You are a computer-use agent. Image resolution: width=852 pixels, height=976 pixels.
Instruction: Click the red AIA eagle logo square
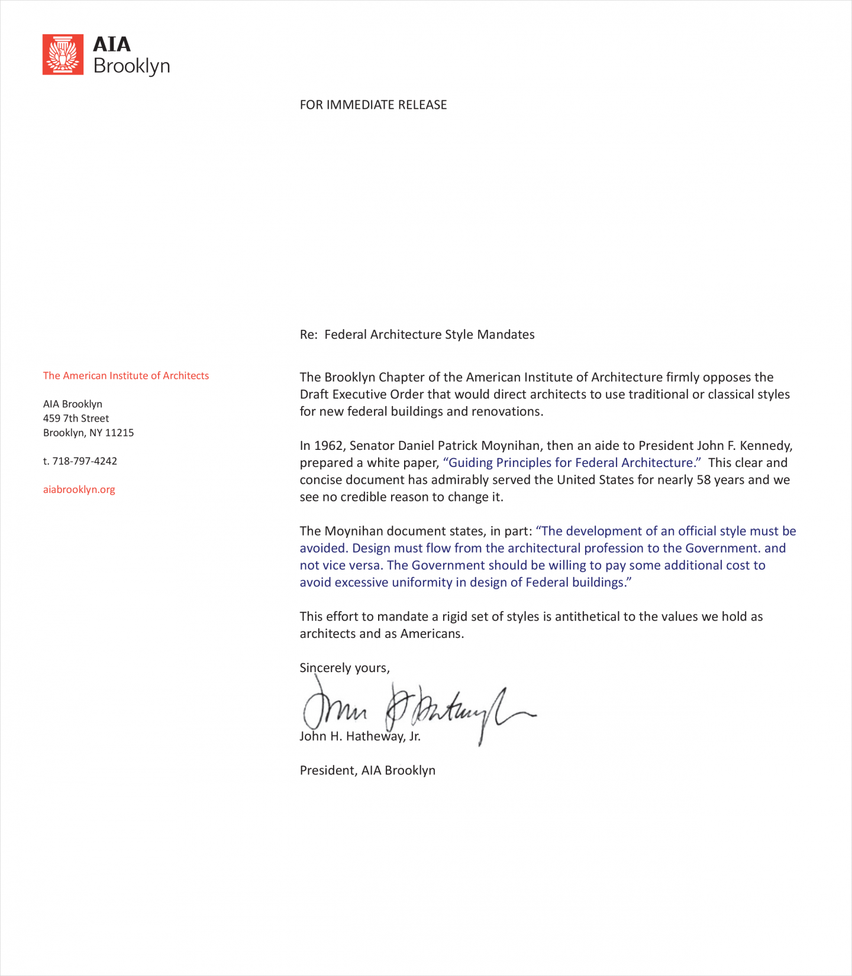coord(63,54)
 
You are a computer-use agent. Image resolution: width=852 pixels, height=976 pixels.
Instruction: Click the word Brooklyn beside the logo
coord(131,66)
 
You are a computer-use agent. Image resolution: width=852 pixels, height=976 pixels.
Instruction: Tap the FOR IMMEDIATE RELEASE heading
coord(373,105)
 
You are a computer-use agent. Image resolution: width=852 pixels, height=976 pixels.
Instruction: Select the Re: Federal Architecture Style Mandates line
coord(417,335)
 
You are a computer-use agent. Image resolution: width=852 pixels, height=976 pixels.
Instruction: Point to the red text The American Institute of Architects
coord(125,375)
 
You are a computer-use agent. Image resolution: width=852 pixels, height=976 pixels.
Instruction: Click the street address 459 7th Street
coord(76,418)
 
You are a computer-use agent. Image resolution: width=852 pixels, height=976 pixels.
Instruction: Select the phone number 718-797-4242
coord(85,461)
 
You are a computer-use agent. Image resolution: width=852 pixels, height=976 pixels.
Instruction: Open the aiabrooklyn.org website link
coord(79,489)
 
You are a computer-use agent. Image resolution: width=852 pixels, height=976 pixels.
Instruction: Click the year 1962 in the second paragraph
coord(328,446)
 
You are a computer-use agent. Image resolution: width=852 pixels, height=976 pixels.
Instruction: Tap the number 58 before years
coord(703,480)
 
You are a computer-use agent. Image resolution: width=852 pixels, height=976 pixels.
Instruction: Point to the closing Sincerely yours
coord(344,668)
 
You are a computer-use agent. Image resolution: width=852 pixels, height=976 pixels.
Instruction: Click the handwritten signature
coord(414,709)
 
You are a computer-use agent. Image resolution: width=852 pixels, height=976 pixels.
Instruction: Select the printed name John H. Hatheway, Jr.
coord(360,737)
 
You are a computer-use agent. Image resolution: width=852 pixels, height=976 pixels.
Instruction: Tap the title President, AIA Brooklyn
coord(367,770)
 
